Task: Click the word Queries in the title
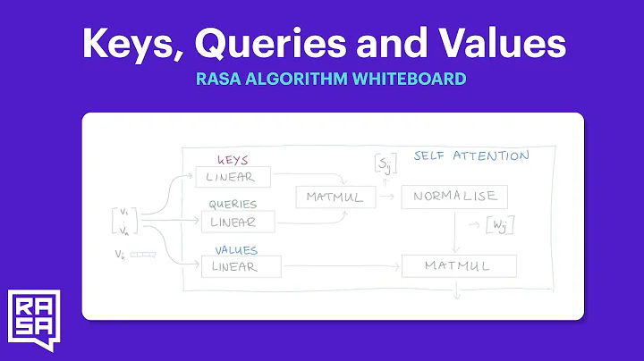coord(283,41)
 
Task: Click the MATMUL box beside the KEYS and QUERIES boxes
coord(335,197)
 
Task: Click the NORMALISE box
coord(454,197)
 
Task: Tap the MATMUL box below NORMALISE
coord(459,265)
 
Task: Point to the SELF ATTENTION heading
coord(470,155)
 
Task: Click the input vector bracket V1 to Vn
coord(124,220)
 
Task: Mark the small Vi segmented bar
coord(143,255)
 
